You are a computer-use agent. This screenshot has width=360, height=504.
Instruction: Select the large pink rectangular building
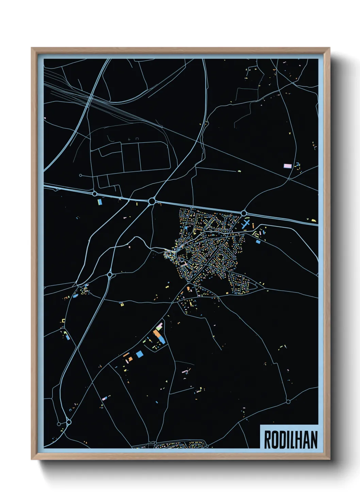[288, 166]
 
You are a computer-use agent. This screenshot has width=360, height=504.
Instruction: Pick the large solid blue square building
[139, 354]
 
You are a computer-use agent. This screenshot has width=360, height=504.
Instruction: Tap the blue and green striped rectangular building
[99, 202]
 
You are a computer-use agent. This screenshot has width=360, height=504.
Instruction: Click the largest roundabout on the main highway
[152, 201]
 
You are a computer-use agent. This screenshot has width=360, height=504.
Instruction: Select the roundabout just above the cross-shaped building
[244, 213]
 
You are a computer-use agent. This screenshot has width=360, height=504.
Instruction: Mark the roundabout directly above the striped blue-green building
[95, 193]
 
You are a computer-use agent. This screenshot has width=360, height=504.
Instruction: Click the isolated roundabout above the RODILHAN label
[288, 402]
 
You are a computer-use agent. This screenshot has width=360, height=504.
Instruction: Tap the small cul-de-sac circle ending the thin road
[80, 175]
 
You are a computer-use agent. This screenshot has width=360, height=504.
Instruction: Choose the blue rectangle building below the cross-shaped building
[258, 242]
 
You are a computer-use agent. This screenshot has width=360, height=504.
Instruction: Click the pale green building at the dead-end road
[239, 171]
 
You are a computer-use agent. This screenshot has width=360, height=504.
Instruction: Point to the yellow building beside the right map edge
[313, 220]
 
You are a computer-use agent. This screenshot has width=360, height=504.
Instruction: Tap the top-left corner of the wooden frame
[32, 48]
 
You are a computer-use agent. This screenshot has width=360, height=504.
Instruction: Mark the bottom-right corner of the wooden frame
[329, 459]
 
